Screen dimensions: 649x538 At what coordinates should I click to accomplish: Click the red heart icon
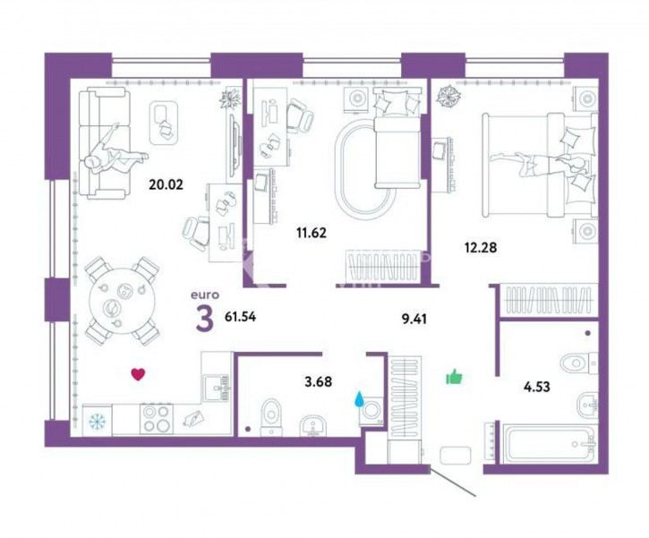coord(138,374)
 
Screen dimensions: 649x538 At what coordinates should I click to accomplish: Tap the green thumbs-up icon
coord(454,377)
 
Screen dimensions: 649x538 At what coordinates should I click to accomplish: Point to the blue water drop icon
coord(359,400)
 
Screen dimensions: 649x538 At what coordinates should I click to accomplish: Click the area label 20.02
coord(166,184)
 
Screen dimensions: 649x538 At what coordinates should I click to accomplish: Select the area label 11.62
coord(312,233)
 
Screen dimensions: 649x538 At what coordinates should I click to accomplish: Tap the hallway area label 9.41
coord(414,319)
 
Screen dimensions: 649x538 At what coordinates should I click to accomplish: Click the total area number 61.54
coord(240,317)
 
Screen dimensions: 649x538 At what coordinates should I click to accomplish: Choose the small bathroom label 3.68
coord(318,381)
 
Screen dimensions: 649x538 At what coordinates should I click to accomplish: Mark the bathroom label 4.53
coord(537,387)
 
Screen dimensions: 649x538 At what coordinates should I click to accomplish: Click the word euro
coord(204,295)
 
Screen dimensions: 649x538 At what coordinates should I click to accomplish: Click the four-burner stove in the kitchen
coord(157,418)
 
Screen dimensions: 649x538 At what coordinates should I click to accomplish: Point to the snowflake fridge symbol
coord(98,421)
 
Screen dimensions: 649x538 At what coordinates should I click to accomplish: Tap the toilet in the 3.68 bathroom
coord(271,417)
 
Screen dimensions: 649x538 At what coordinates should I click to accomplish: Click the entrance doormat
coord(456,456)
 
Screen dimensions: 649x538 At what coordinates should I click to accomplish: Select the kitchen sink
coord(215,388)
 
